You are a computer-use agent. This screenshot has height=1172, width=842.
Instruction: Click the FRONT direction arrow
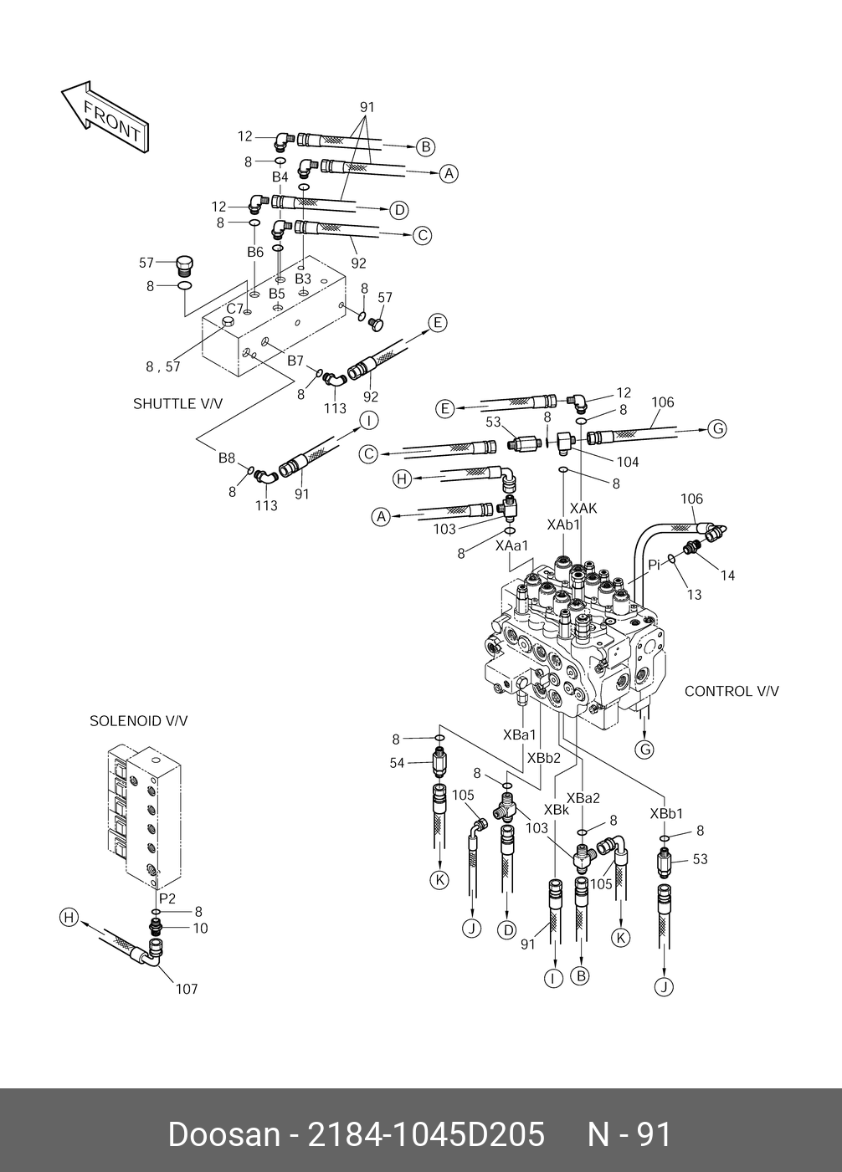pyautogui.click(x=105, y=118)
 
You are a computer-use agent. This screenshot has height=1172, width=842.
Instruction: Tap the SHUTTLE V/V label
pyautogui.click(x=177, y=404)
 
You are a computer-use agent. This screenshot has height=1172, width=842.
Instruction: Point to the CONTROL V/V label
pyautogui.click(x=731, y=691)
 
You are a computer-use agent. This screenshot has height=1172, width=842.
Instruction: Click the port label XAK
pyautogui.click(x=583, y=508)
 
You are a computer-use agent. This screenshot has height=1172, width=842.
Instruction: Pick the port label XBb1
pyautogui.click(x=666, y=813)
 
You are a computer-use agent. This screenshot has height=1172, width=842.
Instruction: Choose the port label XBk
pyautogui.click(x=557, y=809)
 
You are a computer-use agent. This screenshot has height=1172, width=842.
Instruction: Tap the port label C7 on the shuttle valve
pyautogui.click(x=234, y=308)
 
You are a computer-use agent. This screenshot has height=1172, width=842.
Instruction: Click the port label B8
pyautogui.click(x=227, y=458)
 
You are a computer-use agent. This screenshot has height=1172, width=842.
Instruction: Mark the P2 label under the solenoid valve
pyautogui.click(x=167, y=898)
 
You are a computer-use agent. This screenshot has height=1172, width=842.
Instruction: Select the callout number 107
pyautogui.click(x=186, y=990)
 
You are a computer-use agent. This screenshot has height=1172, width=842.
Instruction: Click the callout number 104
pyautogui.click(x=627, y=462)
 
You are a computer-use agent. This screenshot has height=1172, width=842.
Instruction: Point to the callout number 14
pyautogui.click(x=727, y=576)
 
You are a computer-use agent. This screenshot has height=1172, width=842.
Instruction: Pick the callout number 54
pyautogui.click(x=397, y=763)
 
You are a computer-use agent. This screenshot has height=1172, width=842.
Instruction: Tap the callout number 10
pyautogui.click(x=200, y=928)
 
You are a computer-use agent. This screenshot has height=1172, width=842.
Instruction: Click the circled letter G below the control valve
pyautogui.click(x=644, y=750)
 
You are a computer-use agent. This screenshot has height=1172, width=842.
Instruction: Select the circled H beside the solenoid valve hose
pyautogui.click(x=68, y=918)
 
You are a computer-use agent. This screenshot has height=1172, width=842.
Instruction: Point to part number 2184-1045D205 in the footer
pyautogui.click(x=427, y=1135)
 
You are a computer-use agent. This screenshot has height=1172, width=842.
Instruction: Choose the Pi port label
pyautogui.click(x=655, y=565)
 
